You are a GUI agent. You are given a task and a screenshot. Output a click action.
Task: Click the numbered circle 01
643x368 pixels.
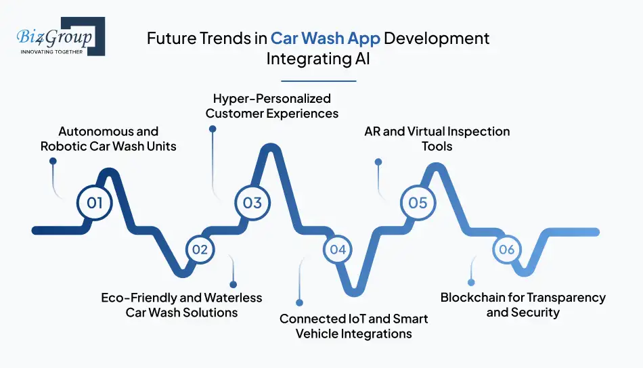tap(94, 202)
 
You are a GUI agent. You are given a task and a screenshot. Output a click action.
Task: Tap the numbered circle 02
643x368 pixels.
tap(199, 249)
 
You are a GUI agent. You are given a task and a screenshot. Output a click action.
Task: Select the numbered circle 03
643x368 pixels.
tap(252, 202)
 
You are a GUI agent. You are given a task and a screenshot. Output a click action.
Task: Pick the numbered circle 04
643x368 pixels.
tap(338, 249)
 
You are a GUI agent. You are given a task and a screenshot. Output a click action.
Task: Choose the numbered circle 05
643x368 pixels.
tap(418, 202)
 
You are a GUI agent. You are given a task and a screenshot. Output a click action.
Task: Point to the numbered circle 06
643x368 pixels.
tap(507, 249)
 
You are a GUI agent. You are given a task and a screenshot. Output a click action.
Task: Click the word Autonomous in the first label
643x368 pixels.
tap(89, 131)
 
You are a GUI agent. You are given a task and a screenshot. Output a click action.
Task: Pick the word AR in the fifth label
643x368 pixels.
tap(372, 131)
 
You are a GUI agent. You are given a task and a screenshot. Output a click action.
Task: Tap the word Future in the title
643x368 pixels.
tap(169, 39)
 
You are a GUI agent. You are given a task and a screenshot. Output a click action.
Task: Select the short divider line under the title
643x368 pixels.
tap(318, 81)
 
